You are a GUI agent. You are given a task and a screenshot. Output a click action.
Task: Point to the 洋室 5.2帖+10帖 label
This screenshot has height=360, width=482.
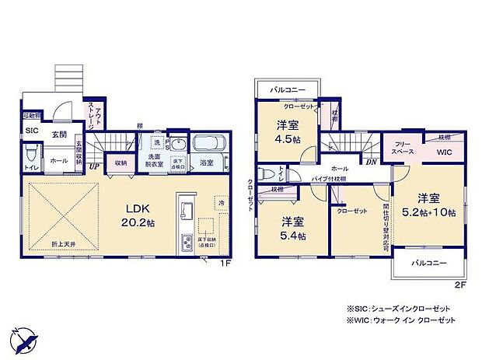(429, 203)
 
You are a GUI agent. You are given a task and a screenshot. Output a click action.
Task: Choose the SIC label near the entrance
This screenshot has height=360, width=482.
(32, 131)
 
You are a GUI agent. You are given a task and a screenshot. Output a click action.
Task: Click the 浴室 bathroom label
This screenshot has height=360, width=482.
(207, 163)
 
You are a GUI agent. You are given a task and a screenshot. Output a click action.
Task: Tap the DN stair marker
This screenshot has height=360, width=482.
(372, 162)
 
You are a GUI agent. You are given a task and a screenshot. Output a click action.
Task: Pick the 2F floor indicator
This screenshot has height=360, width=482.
(459, 285)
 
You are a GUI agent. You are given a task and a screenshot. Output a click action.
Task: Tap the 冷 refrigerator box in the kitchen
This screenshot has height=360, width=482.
(222, 202)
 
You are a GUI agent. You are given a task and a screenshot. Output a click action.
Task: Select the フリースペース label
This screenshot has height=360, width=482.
(402, 149)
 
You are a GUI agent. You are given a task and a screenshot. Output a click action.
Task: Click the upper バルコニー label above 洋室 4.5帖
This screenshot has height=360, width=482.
(286, 90)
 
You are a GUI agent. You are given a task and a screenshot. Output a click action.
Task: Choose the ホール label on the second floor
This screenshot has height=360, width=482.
(339, 168)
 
